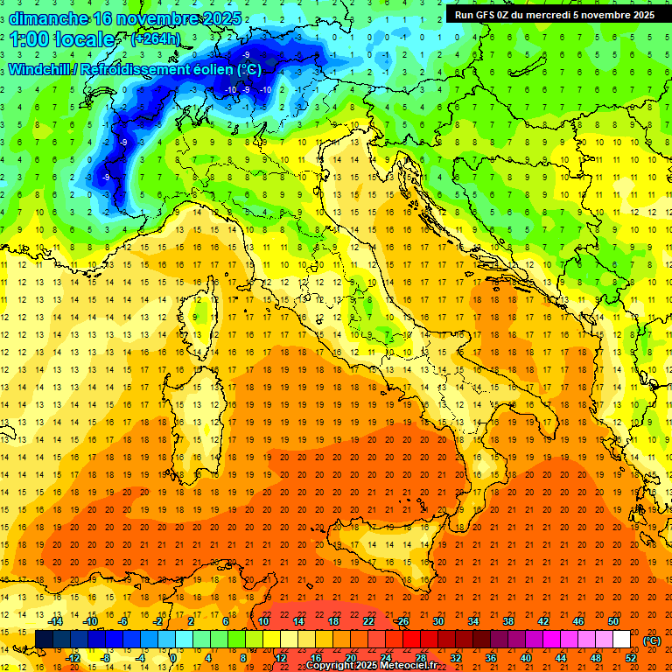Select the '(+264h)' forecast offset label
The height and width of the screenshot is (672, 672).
157,39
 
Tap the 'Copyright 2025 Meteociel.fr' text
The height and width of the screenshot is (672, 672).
371,666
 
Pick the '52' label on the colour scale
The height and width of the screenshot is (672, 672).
631,657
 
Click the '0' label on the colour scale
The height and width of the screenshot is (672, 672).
173,657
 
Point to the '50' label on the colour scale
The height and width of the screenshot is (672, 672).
613,621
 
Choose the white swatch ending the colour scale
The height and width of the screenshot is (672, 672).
621,639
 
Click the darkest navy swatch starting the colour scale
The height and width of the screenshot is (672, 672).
44,639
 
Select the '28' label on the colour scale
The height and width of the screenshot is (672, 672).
420,657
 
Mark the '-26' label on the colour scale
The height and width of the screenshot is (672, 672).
402,621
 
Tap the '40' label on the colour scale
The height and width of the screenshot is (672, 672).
526,657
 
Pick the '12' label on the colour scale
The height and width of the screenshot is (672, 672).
280,657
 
